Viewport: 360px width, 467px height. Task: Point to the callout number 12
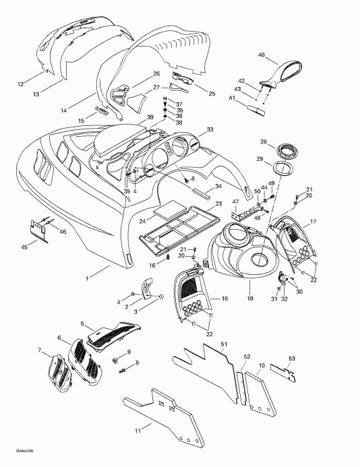point(20,84)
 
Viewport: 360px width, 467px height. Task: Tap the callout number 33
point(210,129)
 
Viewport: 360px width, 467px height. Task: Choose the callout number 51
point(223,346)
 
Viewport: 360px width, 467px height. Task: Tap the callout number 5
point(82,324)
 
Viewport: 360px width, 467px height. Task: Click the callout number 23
point(218,203)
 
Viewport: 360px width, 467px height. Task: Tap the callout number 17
point(313,221)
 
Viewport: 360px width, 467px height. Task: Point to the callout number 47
point(235,201)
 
